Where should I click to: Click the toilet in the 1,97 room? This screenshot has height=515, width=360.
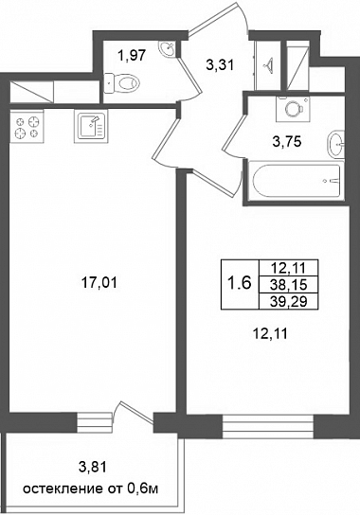[121, 82]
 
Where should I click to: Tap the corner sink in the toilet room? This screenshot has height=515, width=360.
[168, 48]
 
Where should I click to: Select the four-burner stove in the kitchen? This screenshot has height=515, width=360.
[27, 127]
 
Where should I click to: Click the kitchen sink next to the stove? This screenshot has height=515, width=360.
[91, 127]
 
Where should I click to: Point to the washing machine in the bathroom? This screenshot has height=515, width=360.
[294, 108]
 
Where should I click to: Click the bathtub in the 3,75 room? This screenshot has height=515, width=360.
[297, 182]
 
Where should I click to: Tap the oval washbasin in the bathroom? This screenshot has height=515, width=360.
[336, 144]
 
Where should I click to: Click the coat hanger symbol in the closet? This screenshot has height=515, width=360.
[269, 65]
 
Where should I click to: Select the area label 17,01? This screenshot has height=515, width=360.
[99, 282]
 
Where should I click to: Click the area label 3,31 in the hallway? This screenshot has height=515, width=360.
[220, 65]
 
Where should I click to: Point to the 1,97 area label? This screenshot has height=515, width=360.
[132, 55]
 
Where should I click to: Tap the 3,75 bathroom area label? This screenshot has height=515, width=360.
[287, 142]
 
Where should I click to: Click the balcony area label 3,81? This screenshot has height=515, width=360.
[93, 467]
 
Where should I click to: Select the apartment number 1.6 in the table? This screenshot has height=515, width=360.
[240, 283]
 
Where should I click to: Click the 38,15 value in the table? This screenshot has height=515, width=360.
[288, 285]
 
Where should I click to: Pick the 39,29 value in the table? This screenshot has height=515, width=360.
[288, 301]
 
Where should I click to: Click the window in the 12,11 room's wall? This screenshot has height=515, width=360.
[268, 426]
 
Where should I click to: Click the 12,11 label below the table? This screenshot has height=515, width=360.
[270, 334]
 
